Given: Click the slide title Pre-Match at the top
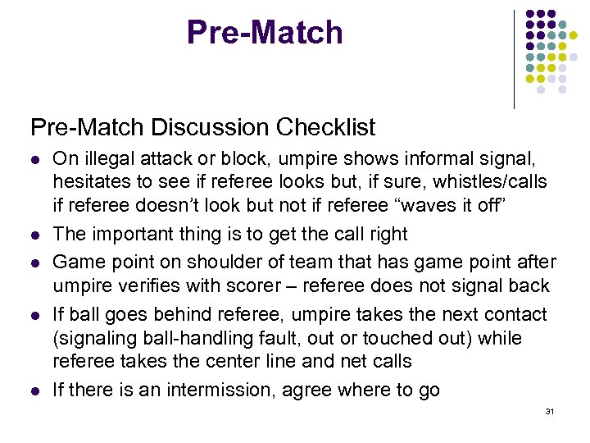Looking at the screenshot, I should pos(265,33).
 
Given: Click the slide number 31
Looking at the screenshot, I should pos(549,411).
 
